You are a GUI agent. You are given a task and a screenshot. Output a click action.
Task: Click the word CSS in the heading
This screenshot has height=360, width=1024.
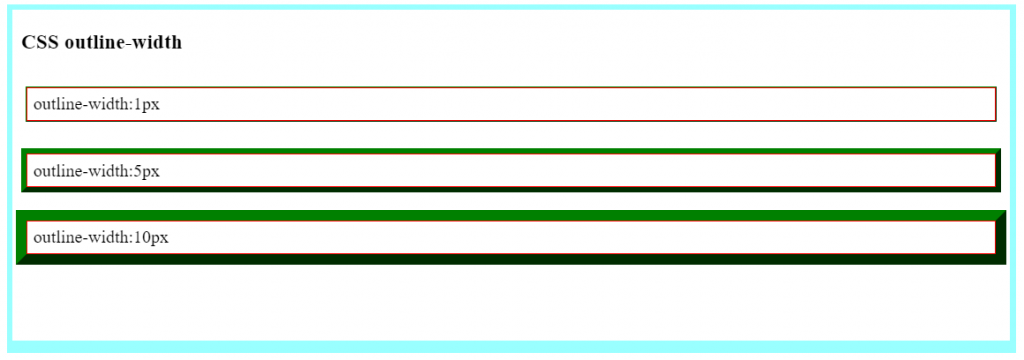pyautogui.click(x=40, y=43)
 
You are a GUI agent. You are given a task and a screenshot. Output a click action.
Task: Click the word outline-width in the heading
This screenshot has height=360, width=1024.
pyautogui.click(x=123, y=43)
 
